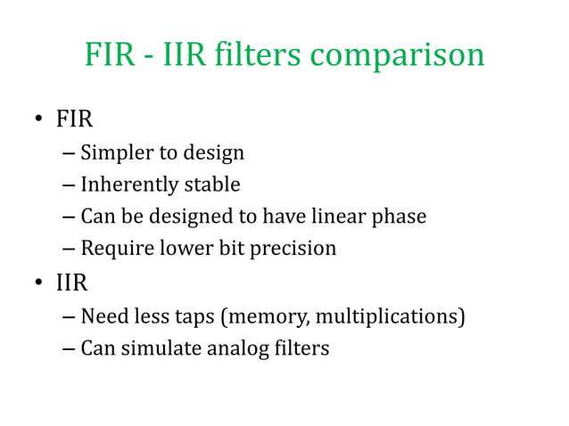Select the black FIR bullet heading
(x=76, y=119)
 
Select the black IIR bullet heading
(x=72, y=284)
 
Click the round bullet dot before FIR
(x=39, y=120)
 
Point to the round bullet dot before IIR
(x=39, y=285)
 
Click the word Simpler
(x=116, y=153)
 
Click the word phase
(x=398, y=217)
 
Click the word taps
(x=197, y=317)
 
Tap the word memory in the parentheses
(x=262, y=317)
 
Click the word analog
(x=238, y=348)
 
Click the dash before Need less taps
(x=70, y=316)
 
